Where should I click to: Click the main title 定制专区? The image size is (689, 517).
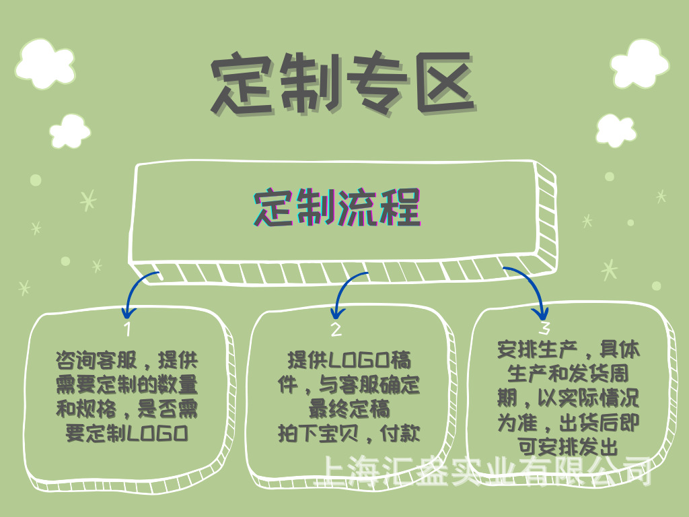click(343, 83)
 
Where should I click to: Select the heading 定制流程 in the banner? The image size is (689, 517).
click(337, 208)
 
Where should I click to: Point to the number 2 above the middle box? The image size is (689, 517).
click(336, 329)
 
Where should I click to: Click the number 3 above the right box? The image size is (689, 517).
click(545, 328)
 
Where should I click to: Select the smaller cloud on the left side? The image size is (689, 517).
click(70, 131)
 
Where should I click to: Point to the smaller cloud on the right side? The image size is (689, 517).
click(616, 130)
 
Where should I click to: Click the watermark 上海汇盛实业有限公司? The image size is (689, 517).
click(484, 471)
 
